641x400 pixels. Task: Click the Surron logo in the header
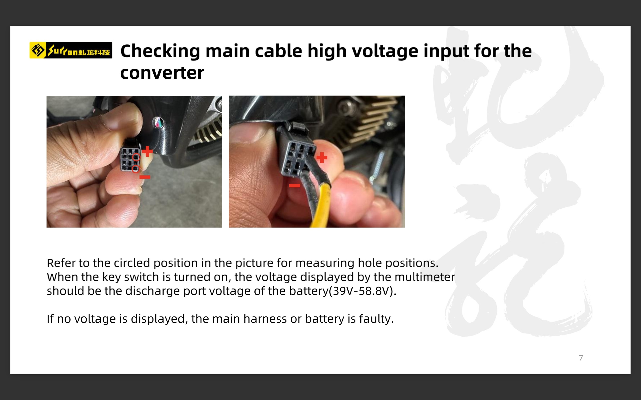point(71,50)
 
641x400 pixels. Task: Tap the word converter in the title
point(162,73)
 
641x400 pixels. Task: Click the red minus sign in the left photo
point(145,177)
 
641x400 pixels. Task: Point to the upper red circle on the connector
point(136,157)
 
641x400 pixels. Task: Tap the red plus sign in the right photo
point(322,158)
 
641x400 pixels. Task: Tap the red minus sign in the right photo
point(294,186)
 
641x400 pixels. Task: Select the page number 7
point(581,358)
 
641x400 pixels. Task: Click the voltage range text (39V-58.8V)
point(363,291)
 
